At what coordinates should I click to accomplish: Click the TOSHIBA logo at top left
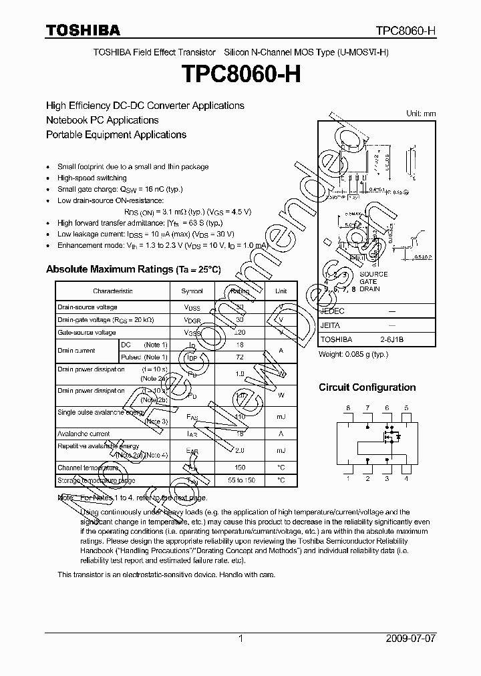point(83,30)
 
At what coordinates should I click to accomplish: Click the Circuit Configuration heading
point(367,387)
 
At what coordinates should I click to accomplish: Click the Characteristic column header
point(112,291)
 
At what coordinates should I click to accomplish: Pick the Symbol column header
point(192,291)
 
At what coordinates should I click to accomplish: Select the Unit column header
point(281,291)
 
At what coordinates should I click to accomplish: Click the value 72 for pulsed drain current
point(239,357)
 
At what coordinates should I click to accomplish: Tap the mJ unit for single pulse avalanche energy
point(281,417)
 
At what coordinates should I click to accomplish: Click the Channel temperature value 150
point(239,468)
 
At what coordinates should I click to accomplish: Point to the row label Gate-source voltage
point(87,332)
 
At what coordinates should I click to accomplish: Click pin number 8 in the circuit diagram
point(347,407)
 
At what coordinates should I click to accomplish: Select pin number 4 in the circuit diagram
point(406,478)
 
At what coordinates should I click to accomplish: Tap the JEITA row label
point(331,325)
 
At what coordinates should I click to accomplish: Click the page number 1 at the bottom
point(240,639)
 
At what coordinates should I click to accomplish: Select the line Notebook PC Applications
point(102,120)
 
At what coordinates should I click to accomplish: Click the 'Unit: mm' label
point(421,114)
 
